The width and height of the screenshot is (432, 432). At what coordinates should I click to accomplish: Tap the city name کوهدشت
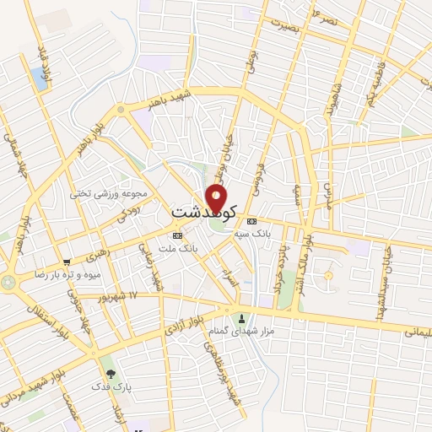[204, 211]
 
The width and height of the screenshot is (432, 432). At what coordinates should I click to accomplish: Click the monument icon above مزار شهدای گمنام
[242, 319]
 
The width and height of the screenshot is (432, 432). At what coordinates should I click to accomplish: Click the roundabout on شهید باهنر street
[121, 109]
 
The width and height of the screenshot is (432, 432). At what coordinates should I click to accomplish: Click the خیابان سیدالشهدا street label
[381, 270]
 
